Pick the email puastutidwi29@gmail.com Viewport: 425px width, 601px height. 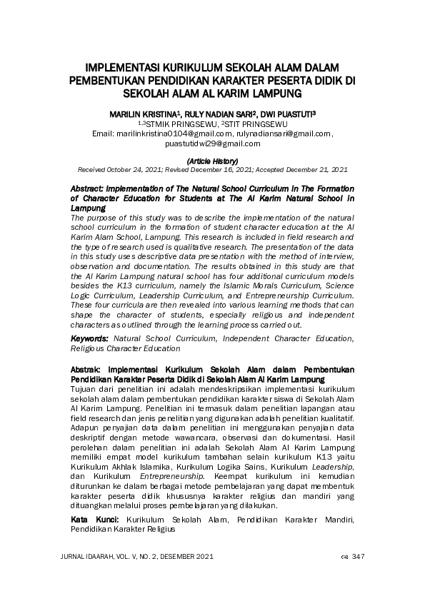(212, 143)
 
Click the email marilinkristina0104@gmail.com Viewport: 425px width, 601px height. (174, 133)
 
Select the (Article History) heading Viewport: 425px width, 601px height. (211, 162)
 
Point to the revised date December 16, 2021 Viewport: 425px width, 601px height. (228, 170)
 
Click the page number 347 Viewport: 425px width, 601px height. (359, 557)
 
